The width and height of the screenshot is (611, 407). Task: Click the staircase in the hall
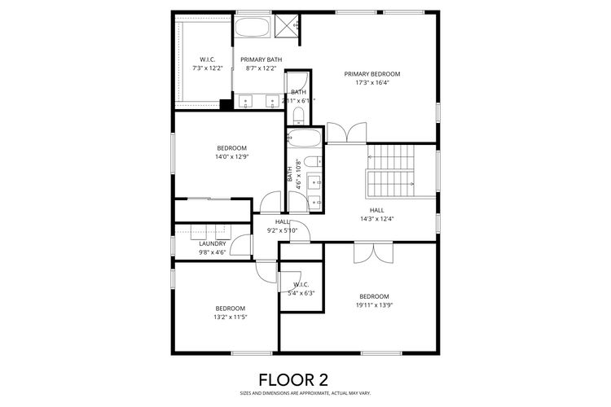pyautogui.click(x=391, y=168)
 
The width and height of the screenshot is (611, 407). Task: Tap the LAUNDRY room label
pyautogui.click(x=213, y=243)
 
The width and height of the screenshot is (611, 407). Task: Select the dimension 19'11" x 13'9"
pyautogui.click(x=375, y=304)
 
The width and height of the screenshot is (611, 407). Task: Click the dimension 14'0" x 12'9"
pyautogui.click(x=231, y=156)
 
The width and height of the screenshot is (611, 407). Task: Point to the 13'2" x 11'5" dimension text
pyautogui.click(x=231, y=317)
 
